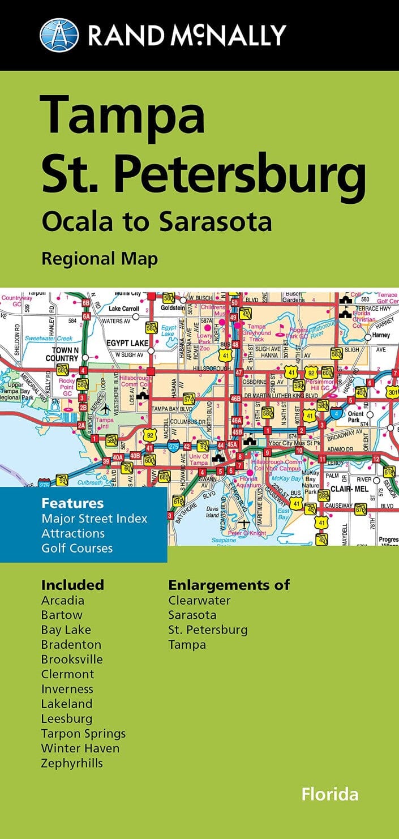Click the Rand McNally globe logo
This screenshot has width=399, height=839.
pyautogui.click(x=59, y=35)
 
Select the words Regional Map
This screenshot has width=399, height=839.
pyautogui.click(x=99, y=259)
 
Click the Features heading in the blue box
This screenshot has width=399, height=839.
pyautogui.click(x=72, y=503)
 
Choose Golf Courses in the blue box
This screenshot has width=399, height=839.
pyautogui.click(x=77, y=548)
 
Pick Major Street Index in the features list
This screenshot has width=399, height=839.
pyautogui.click(x=94, y=519)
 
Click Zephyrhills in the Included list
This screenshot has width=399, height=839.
pyautogui.click(x=72, y=763)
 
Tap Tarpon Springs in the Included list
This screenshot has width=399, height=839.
pyautogui.click(x=83, y=734)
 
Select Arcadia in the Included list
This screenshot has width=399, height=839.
pyautogui.click(x=63, y=600)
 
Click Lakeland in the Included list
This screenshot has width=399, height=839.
pyautogui.click(x=67, y=704)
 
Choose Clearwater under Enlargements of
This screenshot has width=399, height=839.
pyautogui.click(x=199, y=600)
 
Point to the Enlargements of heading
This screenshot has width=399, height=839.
pyautogui.click(x=229, y=585)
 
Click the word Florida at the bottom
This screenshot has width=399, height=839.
pyautogui.click(x=330, y=794)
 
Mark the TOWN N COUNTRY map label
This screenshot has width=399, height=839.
pyautogui.click(x=62, y=354)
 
